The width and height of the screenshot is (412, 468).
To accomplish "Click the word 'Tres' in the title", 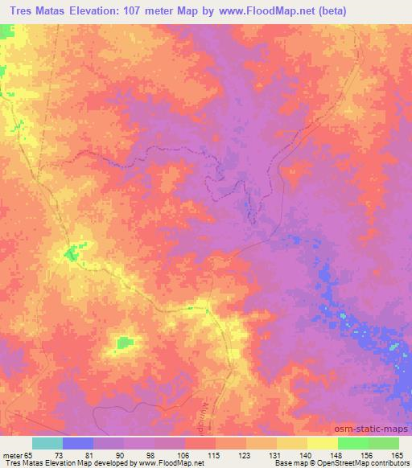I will click(19, 10).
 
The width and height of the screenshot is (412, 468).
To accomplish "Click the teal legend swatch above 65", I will click(47, 443).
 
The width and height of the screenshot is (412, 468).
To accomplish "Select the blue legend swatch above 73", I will click(78, 443).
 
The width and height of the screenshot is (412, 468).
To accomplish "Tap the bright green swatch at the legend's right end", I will click(384, 443).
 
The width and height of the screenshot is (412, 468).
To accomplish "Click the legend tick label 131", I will click(276, 455).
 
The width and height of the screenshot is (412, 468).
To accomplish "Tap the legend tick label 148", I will click(336, 455).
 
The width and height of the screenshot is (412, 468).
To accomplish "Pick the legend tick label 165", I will click(398, 455).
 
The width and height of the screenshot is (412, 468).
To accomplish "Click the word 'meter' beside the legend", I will click(12, 455).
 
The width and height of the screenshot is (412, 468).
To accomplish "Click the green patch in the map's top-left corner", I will click(6, 33).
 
